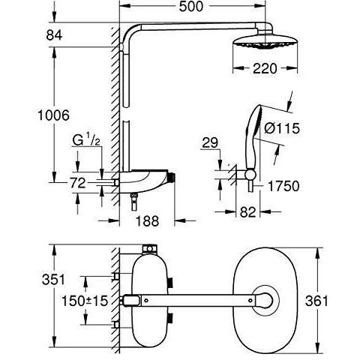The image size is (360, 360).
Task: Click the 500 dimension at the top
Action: pyautogui.click(x=191, y=7)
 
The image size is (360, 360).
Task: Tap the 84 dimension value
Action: pyautogui.click(x=54, y=35)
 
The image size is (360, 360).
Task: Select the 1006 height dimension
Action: pyautogui.click(x=53, y=115)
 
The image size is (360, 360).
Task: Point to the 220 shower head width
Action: pyautogui.click(x=265, y=68)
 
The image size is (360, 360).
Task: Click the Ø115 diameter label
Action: pyautogui.click(x=282, y=128)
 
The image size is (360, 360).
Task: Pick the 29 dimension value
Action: pyautogui.click(x=210, y=142)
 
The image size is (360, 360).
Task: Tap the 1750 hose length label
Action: pyautogui.click(x=283, y=186)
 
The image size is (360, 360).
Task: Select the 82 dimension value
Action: pyautogui.click(x=248, y=212)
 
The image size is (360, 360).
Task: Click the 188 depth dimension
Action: pyautogui.click(x=147, y=221)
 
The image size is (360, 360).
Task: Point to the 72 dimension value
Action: pyautogui.click(x=77, y=183)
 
